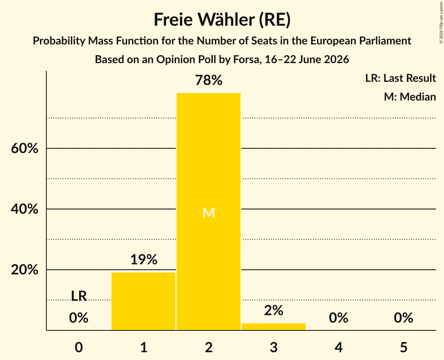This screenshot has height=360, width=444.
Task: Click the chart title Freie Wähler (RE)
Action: pos(222,20)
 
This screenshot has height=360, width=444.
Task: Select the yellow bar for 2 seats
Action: pos(209,212)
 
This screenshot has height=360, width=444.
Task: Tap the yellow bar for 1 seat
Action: pos(143,301)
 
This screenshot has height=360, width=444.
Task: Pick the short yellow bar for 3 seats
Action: pos(274,326)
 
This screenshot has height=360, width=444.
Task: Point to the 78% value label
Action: pos(209,80)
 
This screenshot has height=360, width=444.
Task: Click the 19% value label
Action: pos(144,259)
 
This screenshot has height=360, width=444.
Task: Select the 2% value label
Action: pos(274,311)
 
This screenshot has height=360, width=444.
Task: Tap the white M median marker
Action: pos(209,213)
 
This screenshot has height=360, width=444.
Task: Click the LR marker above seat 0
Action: pos(79,296)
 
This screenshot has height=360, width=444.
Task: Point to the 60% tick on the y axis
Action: pos(25,148)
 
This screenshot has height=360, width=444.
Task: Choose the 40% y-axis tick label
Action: pos(25,209)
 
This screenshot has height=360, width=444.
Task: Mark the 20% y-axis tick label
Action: pos(25,270)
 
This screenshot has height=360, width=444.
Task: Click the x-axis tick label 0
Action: pos(79,348)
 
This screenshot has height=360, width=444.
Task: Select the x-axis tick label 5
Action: pos(403,348)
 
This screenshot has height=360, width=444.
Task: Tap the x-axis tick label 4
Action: pos(339,348)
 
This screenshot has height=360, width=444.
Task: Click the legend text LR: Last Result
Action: pos(400,78)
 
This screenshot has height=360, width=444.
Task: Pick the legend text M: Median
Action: pos(410,97)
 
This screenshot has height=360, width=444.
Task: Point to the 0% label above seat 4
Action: pos(339,318)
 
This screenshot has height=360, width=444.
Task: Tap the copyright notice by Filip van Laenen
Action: pos(441,22)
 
